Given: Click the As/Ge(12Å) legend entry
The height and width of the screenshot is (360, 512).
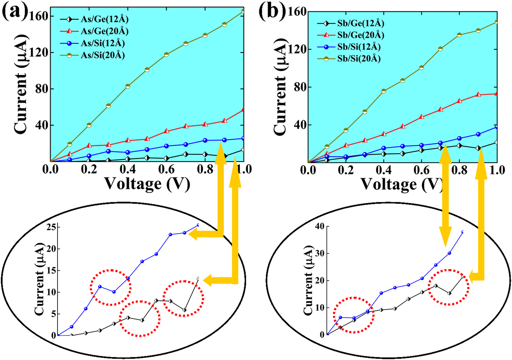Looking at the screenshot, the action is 94,19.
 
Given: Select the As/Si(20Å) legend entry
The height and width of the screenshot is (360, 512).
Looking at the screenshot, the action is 92,55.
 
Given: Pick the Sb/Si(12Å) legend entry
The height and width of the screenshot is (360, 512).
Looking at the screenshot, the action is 349,47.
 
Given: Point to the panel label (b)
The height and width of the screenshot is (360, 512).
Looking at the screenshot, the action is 272,12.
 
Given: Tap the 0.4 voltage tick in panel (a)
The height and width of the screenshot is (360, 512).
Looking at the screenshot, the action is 128,169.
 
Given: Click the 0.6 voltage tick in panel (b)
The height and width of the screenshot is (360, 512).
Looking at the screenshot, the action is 421,170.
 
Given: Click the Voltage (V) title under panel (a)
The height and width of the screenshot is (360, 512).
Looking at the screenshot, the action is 147,184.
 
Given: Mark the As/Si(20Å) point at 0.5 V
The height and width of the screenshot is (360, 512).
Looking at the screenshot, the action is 147,69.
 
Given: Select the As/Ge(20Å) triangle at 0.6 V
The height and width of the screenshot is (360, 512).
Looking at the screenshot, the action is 166,131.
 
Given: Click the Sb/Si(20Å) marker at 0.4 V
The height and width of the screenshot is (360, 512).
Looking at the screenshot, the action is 384,91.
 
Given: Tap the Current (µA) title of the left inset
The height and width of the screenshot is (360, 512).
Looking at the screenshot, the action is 39,279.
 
